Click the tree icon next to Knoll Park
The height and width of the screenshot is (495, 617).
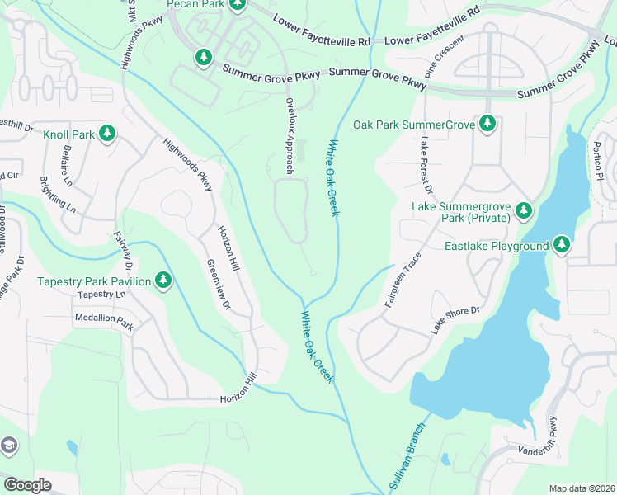[x=106, y=133]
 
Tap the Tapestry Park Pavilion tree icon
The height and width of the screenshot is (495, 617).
[x=163, y=280]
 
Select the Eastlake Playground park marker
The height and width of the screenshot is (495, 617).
[x=562, y=245]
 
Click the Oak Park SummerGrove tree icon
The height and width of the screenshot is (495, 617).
[x=487, y=124]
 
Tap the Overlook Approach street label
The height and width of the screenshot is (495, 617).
[x=290, y=135]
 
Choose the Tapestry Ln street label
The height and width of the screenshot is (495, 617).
[x=101, y=295]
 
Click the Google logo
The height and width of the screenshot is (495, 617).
[x=27, y=484]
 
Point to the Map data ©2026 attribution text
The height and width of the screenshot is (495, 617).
[x=581, y=488]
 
